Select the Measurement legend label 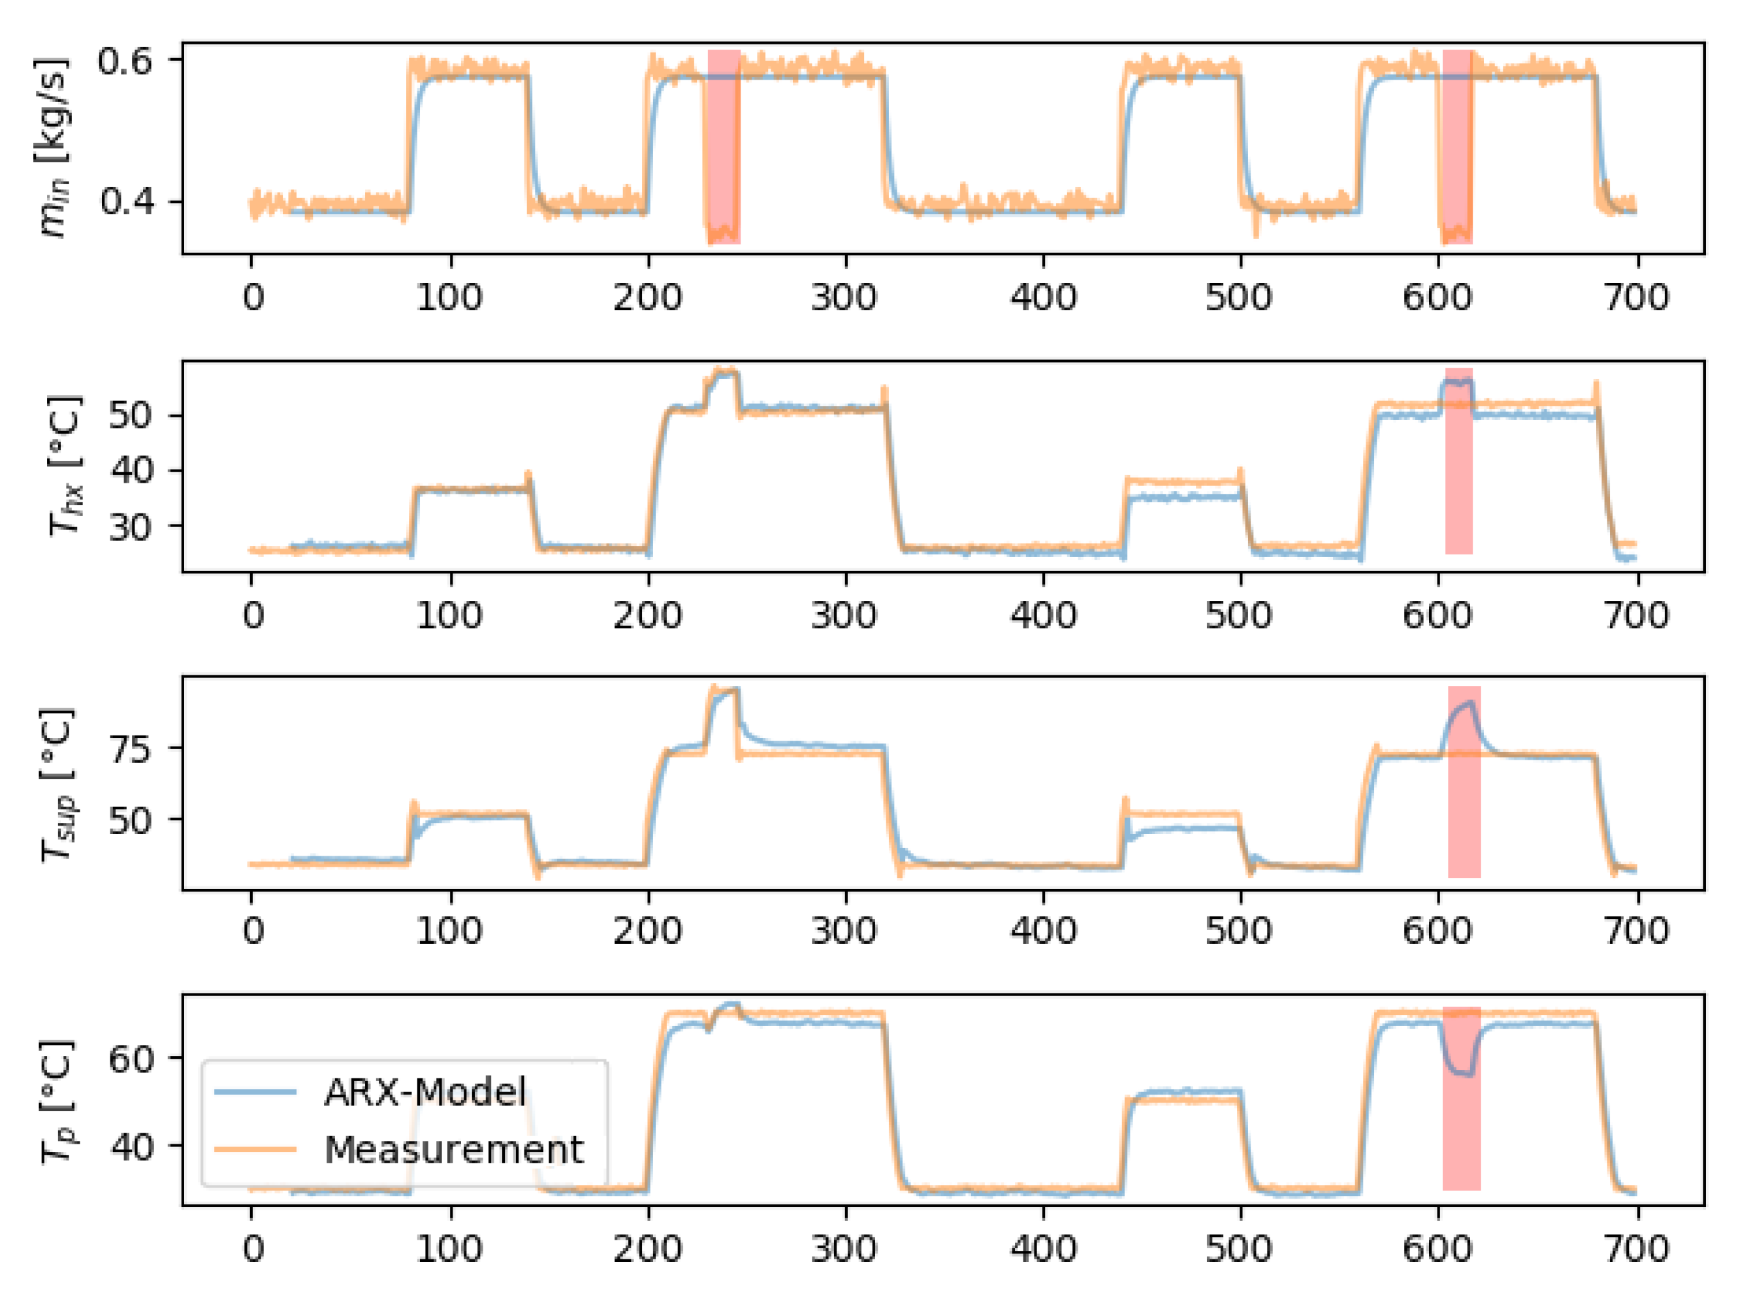[454, 1150]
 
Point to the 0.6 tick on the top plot [125, 60]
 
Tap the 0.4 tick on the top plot [125, 202]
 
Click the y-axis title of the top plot [53, 148]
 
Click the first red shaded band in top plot [724, 147]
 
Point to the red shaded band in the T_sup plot [1464, 781]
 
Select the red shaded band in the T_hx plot [1458, 460]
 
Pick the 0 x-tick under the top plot [252, 297]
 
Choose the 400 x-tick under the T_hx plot [1043, 615]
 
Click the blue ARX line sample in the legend [255, 1091]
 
